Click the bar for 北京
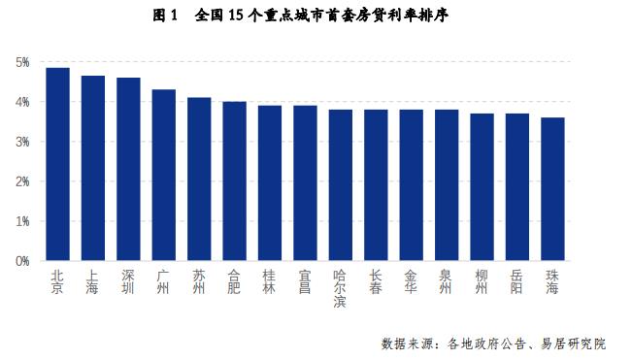coord(57,165)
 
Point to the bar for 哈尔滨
coord(340,185)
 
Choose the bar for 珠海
coord(552,189)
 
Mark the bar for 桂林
coord(270,183)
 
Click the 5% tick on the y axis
coord(22,62)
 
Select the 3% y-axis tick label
coord(22,142)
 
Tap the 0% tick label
coord(22,261)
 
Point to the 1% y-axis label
coord(22,221)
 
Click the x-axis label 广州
coord(164,281)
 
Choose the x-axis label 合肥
coord(234,281)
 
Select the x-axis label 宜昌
coord(305,281)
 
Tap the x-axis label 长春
coord(376,281)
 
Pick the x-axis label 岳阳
coord(517,281)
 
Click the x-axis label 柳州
coord(482,281)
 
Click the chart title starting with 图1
coord(316,16)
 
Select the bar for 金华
coord(411,185)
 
